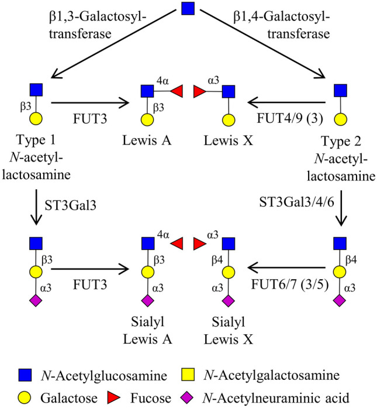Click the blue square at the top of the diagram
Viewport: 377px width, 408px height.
(x=188, y=10)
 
